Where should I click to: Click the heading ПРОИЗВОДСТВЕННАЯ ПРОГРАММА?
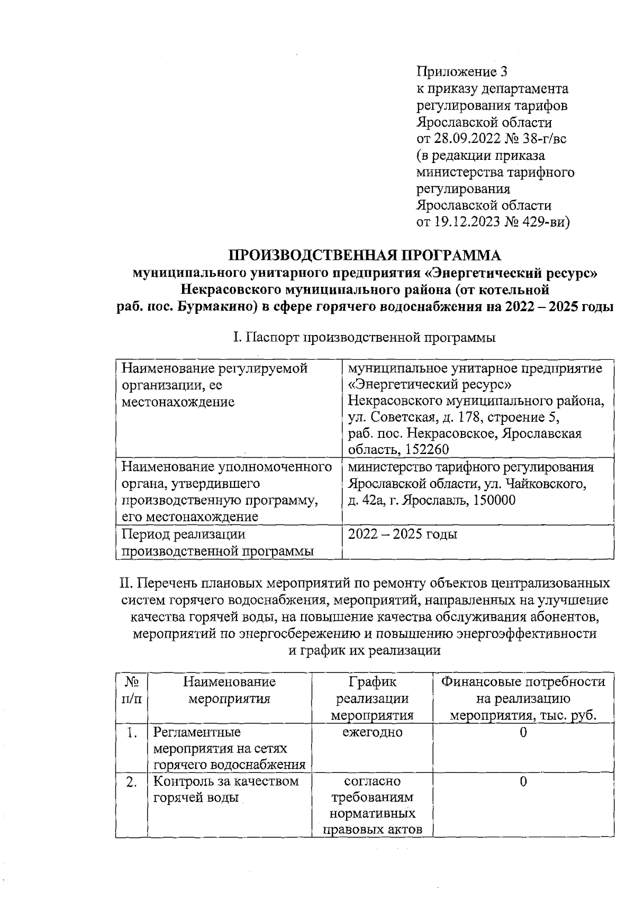(x=364, y=255)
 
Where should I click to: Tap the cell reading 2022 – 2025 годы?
(x=402, y=534)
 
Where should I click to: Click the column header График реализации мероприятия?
(x=372, y=699)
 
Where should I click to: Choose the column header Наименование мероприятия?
(x=230, y=690)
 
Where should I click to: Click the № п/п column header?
(x=131, y=690)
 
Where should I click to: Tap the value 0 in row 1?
(x=523, y=732)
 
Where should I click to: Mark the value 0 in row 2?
(x=523, y=781)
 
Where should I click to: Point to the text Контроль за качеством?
(x=226, y=781)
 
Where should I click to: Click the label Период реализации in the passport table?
(x=184, y=534)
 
